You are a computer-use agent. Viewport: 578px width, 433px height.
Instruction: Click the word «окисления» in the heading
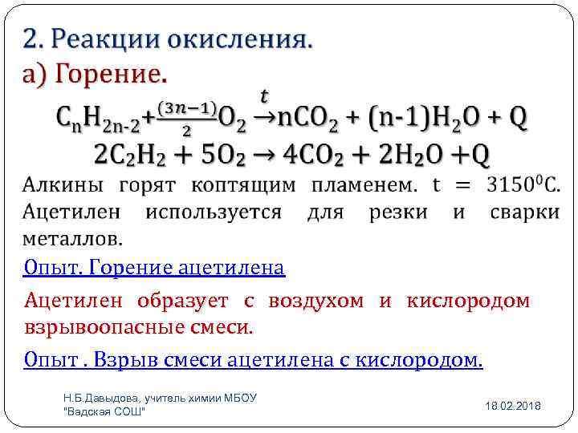[x=240, y=39]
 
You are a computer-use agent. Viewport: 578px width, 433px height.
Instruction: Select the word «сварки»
[x=524, y=212]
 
